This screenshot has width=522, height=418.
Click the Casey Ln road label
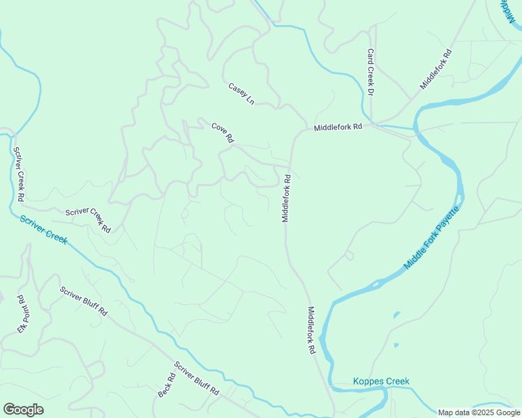point(241,94)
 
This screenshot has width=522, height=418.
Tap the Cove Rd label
point(222,132)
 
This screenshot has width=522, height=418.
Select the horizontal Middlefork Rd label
point(338,127)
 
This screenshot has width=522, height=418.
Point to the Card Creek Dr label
point(371,72)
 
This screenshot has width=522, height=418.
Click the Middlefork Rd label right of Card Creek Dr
point(436,68)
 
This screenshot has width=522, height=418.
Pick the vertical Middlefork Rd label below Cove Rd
point(286,199)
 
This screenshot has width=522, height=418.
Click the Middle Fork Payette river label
point(433,238)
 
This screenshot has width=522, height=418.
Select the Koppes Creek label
point(381,381)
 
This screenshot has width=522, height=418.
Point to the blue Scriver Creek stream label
point(43,229)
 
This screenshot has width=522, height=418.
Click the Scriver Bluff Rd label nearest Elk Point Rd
point(83,302)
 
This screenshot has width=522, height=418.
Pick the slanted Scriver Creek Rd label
point(88,220)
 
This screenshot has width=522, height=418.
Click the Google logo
point(23,410)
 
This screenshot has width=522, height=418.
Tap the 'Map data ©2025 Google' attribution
point(479,412)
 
